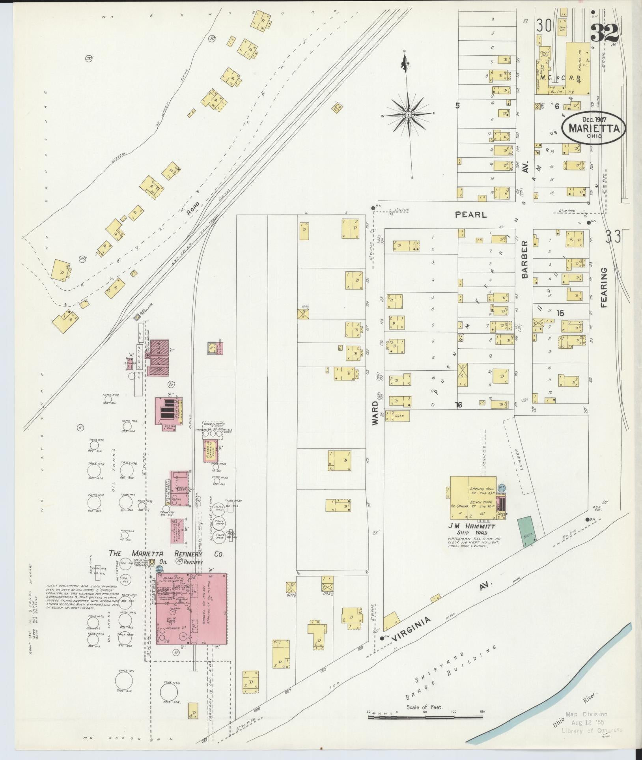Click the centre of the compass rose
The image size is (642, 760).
[x=409, y=114]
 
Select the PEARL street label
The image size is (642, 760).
[x=470, y=215]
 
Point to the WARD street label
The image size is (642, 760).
[x=375, y=413]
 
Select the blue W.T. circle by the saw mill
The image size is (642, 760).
[x=502, y=487]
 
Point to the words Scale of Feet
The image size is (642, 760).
[x=424, y=707]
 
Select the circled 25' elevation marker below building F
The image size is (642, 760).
[x=171, y=383]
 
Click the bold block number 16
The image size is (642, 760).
[x=459, y=405]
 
